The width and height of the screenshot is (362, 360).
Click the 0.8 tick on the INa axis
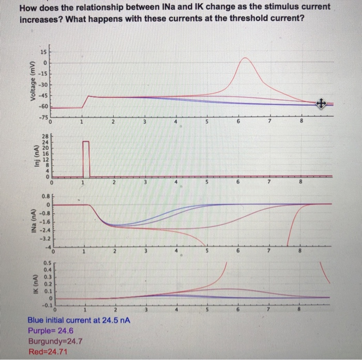(x=46, y=196)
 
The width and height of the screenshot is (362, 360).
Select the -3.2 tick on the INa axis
(x=44, y=239)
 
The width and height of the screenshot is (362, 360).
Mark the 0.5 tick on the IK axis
(x=47, y=262)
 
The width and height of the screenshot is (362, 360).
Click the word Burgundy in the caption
(x=47, y=340)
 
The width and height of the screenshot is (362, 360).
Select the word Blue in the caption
(x=37, y=320)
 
